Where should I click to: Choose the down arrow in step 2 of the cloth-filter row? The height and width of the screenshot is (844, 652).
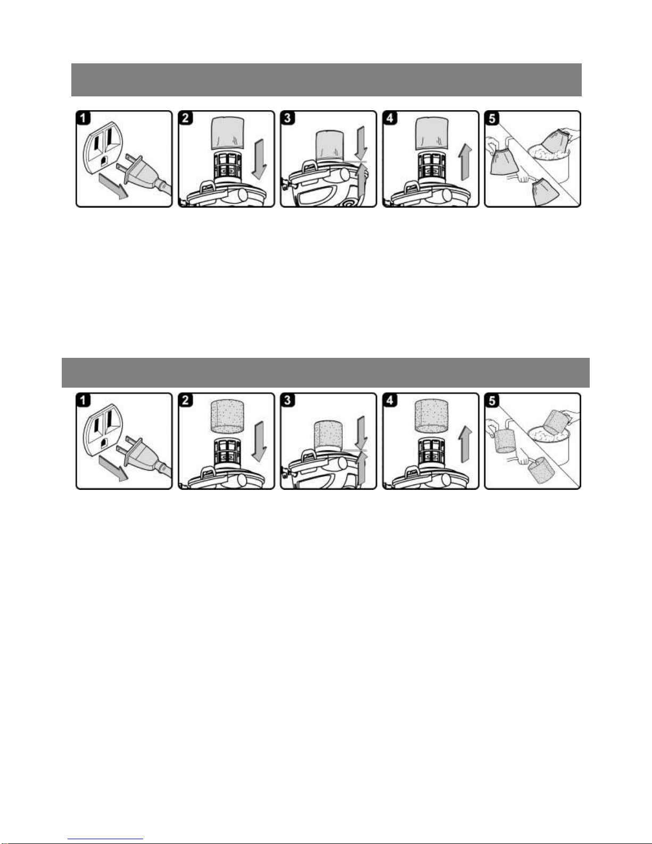pyautogui.click(x=259, y=159)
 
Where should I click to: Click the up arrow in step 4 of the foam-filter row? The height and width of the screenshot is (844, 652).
pyautogui.click(x=466, y=444)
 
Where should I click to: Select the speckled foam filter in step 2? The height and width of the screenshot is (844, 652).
pyautogui.click(x=228, y=417)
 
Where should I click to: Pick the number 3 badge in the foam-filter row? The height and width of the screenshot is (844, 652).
pyautogui.click(x=287, y=400)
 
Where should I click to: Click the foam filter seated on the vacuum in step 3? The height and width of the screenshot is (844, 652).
pyautogui.click(x=328, y=435)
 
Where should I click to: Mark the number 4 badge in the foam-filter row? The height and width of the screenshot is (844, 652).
pyautogui.click(x=390, y=400)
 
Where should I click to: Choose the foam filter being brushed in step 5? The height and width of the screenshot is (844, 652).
pyautogui.click(x=541, y=470)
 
